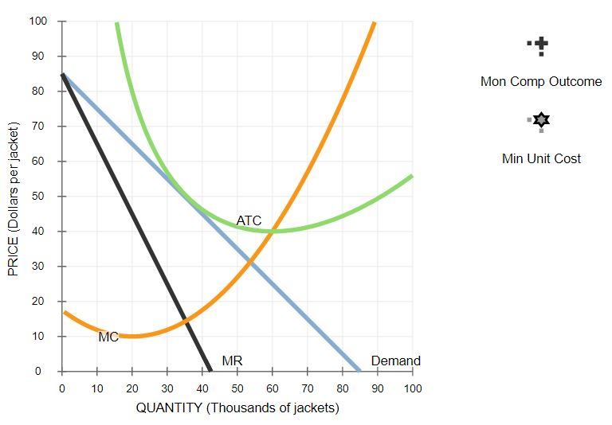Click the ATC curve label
point(249,220)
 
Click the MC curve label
point(108,337)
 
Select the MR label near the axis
point(232,361)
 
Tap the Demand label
point(395,361)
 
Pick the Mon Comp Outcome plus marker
point(540,46)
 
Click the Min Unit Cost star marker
point(541,120)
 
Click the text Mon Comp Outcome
point(541,82)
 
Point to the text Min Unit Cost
point(541,158)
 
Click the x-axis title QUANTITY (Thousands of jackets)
point(237,408)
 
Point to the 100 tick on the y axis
point(37,21)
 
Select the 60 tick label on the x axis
point(273,388)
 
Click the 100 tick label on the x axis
point(412,388)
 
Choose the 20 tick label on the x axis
point(132,388)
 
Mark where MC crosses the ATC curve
point(273,231)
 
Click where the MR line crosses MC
point(186,320)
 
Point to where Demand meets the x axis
point(360,371)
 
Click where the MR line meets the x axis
point(210,371)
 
